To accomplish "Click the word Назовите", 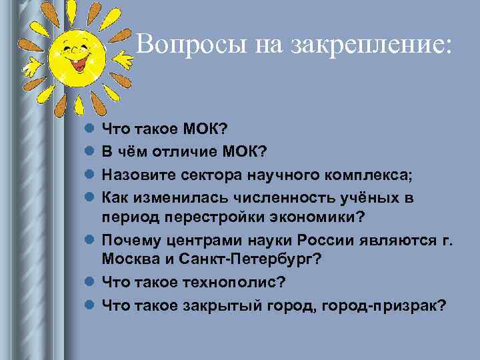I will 137,175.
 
